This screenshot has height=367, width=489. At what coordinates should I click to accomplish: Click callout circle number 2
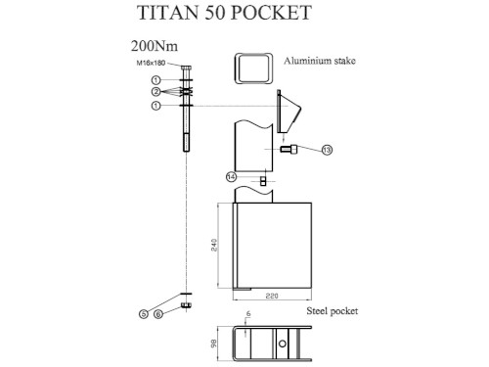[156, 92]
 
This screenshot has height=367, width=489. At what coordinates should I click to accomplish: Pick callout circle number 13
[327, 150]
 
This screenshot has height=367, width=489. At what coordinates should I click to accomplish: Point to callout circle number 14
[231, 176]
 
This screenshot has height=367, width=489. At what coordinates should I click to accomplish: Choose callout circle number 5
[144, 312]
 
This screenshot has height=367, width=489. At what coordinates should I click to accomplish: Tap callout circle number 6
[162, 312]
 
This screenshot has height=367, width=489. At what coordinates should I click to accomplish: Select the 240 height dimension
[215, 246]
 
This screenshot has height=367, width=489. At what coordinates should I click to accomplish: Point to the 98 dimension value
[215, 343]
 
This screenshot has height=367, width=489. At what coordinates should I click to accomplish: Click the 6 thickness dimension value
[248, 314]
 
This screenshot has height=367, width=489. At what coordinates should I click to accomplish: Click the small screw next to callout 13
[291, 150]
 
